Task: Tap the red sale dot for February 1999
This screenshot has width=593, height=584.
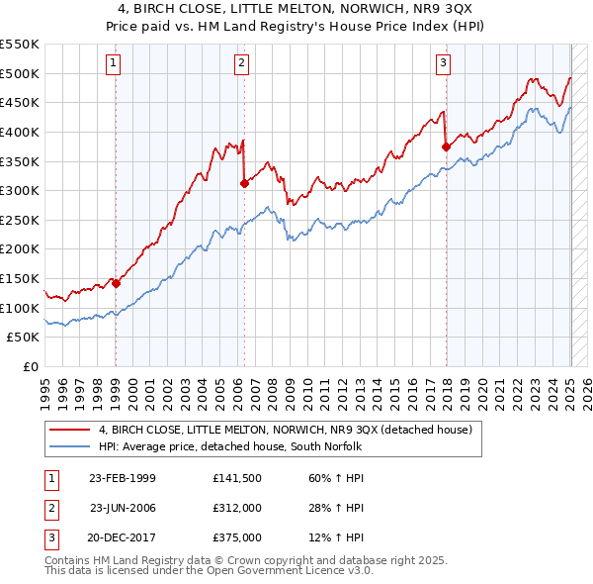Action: tap(116, 283)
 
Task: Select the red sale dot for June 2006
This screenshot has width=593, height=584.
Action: tap(243, 183)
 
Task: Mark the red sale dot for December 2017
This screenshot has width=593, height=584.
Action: tap(446, 146)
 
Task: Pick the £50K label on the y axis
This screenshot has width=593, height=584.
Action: tap(23, 338)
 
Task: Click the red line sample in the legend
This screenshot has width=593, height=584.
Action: tap(69, 430)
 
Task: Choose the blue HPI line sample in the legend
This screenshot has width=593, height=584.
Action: tap(69, 447)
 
